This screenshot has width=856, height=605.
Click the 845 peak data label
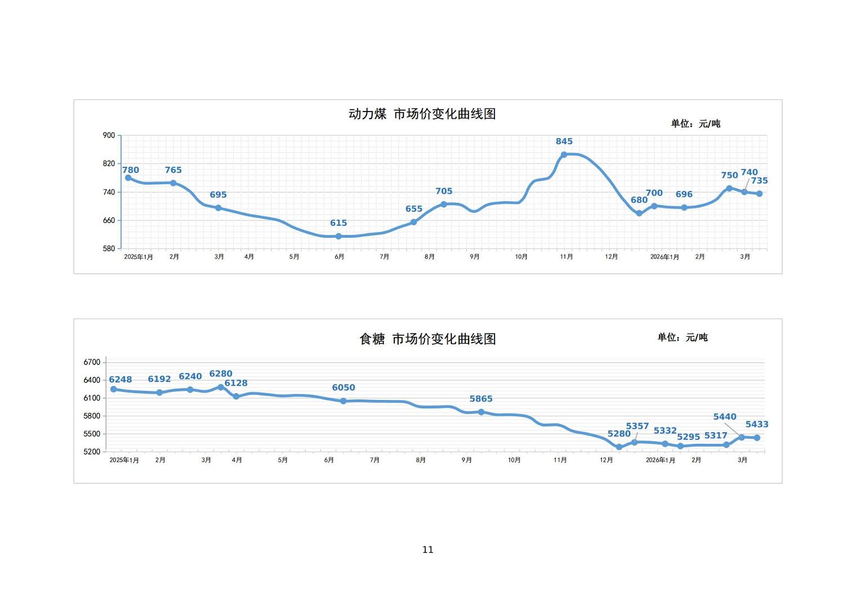point(564,141)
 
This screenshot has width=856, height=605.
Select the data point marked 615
point(338,237)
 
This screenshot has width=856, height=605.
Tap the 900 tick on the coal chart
point(109,135)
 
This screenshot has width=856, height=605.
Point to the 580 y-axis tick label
point(109,248)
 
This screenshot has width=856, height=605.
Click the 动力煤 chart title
point(422,114)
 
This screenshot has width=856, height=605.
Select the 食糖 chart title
point(427,339)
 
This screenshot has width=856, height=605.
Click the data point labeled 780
point(128,178)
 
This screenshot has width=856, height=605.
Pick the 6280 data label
point(221,373)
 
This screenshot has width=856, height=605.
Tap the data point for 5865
point(481,412)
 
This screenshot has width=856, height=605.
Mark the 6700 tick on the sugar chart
point(92,362)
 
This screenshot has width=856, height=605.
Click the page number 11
point(428,550)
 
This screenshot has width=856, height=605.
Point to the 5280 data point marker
point(619,447)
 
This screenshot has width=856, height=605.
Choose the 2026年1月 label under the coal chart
point(665,257)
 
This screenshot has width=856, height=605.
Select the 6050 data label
point(344,388)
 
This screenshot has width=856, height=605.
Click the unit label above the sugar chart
point(683,337)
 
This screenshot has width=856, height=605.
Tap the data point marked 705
point(444,204)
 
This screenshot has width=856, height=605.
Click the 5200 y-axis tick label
point(92,452)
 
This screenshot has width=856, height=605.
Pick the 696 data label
point(684,194)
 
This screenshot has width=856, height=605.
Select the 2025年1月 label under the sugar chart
point(124,460)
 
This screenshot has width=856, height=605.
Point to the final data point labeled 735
point(759,194)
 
